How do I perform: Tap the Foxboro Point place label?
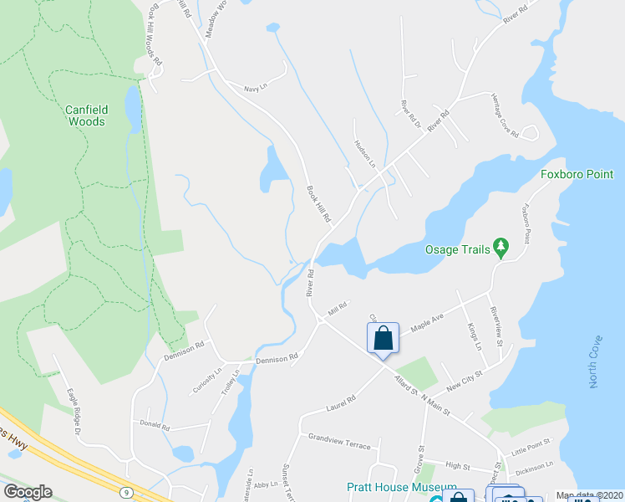(x=577, y=175)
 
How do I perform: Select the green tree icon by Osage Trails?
(x=501, y=246)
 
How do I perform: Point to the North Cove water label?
(x=595, y=362)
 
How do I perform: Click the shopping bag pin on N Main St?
(x=384, y=339)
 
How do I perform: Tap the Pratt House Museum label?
(x=402, y=487)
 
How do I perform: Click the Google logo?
(x=28, y=491)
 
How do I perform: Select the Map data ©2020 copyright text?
(x=588, y=495)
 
